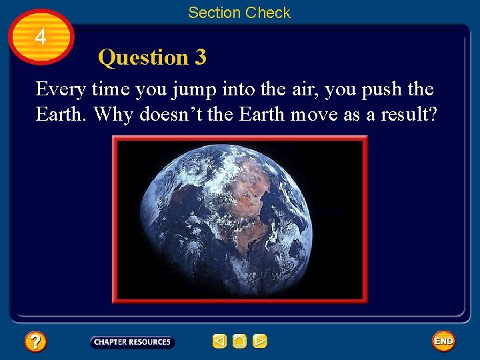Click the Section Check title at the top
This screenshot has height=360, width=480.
pos(239,13)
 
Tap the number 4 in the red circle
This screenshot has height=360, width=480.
pos(41,37)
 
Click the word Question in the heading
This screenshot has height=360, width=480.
pos(143,58)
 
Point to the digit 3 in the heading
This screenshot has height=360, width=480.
pos(200,58)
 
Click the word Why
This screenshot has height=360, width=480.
pos(113,114)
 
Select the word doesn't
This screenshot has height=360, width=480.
pos(170,114)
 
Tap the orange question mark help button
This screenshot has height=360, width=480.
pos(35,342)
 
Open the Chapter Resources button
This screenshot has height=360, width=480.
pos(132,342)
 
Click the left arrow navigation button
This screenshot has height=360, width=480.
pos(219,341)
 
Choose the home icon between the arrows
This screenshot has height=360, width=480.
pos(240,341)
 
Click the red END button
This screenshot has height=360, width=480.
pos(443,341)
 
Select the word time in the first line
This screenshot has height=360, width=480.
pos(111,89)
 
